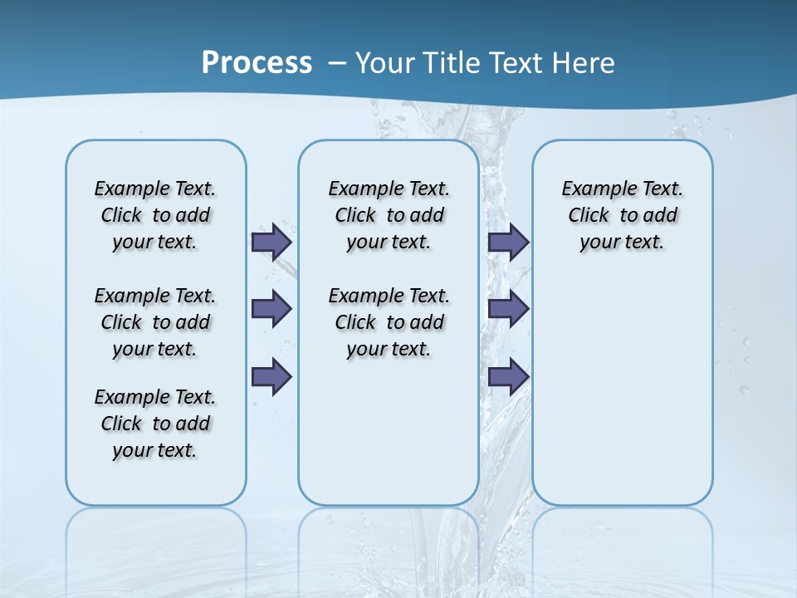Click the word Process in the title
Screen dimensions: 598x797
(257, 62)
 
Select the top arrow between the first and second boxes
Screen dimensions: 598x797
(271, 242)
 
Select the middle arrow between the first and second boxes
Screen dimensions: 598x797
(271, 309)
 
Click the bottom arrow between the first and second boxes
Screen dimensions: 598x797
(271, 377)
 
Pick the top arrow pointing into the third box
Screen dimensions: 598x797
(508, 242)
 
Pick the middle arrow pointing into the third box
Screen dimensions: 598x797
(508, 309)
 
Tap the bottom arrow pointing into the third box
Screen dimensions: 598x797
(508, 377)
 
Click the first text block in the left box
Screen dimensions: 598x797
(155, 215)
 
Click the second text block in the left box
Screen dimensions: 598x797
(155, 322)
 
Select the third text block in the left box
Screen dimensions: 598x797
(155, 424)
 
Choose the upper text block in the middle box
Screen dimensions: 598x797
(389, 215)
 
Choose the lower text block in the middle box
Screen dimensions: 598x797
(389, 322)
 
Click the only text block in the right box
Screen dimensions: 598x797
(622, 215)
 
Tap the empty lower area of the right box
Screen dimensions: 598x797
(622, 399)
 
